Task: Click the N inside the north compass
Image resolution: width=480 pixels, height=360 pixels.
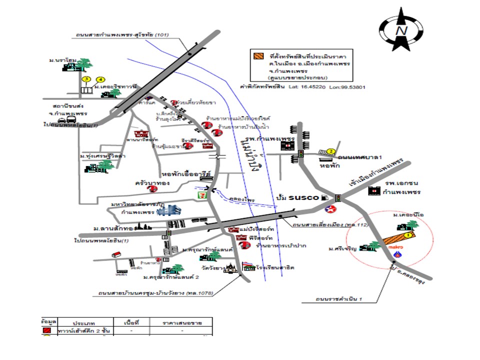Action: pos(401,30)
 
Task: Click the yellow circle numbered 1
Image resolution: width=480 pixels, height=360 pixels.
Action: pos(407,234)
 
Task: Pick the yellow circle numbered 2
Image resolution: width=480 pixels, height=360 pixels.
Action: pos(330,151)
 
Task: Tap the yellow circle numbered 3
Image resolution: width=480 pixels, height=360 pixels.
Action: pos(86,79)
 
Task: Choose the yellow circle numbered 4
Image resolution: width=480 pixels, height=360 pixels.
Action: pos(100,79)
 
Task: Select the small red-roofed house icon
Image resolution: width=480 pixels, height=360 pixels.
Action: pos(116,254)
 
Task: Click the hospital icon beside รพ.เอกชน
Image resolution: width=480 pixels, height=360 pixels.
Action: pos(374,191)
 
